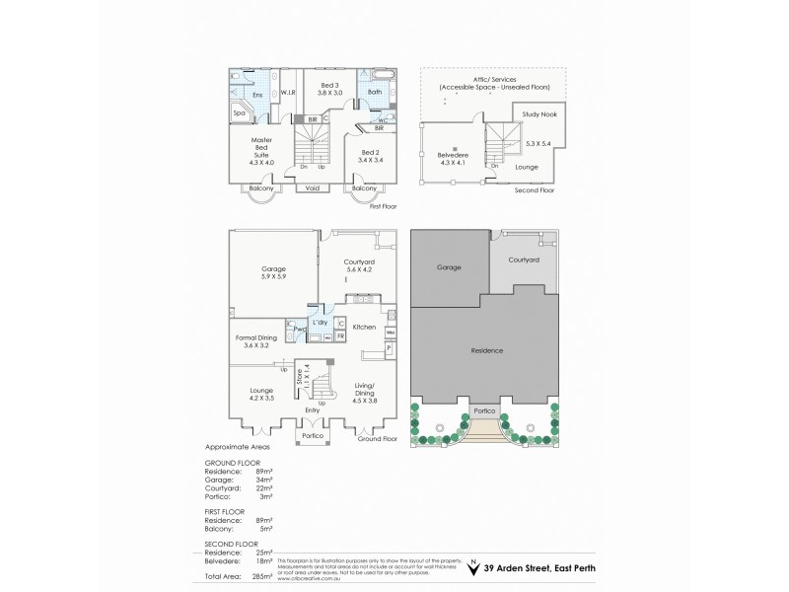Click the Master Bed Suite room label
click(261, 147)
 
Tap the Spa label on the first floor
click(240, 113)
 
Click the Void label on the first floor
click(313, 187)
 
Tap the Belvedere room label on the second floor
click(455, 155)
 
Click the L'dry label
click(320, 322)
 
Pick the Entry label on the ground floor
click(313, 408)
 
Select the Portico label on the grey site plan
click(484, 411)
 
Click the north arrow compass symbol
click(472, 568)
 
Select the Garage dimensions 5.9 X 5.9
click(273, 276)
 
